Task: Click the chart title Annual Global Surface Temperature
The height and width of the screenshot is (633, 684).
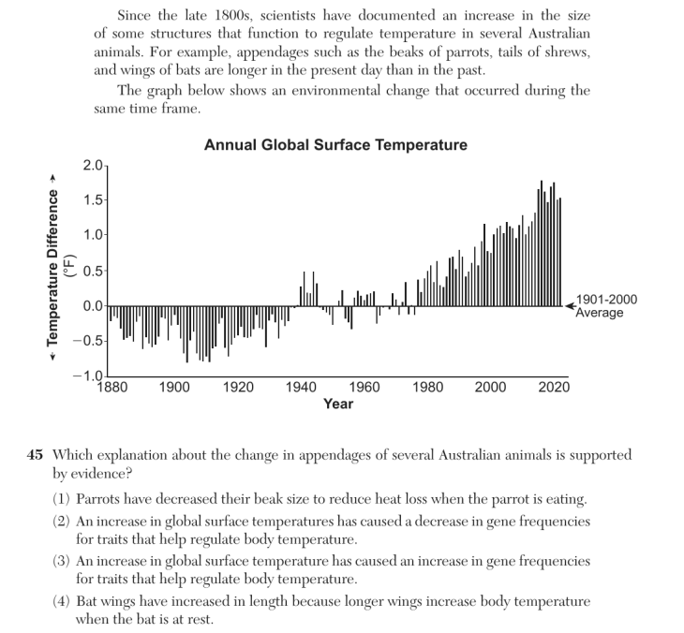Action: pos(335,145)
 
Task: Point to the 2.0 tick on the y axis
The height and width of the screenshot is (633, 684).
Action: pos(93,166)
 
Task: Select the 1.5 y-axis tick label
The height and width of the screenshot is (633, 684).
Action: pos(93,200)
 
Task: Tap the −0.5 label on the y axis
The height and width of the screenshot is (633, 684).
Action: pos(88,341)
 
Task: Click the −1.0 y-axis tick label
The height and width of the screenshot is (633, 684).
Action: pos(88,375)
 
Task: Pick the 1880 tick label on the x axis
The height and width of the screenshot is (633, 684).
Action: pos(112,387)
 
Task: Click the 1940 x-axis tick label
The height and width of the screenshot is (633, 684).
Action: pos(302,387)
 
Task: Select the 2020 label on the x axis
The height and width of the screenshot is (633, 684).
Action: pos(554,387)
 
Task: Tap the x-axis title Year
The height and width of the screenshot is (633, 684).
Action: pos(338,404)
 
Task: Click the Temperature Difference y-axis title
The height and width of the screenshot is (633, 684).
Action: pos(52,268)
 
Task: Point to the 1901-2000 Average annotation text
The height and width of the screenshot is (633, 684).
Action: pos(606,306)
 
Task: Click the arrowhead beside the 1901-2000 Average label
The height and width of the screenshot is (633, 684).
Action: pos(570,306)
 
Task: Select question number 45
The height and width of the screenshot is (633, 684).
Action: pos(35,455)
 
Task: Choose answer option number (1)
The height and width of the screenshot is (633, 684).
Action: pos(61,499)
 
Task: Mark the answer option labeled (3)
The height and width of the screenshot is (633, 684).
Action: pos(61,561)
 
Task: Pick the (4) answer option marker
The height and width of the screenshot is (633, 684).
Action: pos(61,601)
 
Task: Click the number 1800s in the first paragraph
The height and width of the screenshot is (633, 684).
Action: pos(233,16)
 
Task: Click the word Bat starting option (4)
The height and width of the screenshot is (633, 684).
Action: pos(86,601)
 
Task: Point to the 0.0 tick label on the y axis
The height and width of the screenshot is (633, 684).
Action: pos(93,306)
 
